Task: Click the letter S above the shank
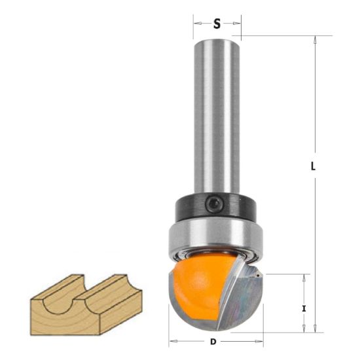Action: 217,24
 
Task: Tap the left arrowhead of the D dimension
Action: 172,341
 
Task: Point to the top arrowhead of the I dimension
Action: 306,278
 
